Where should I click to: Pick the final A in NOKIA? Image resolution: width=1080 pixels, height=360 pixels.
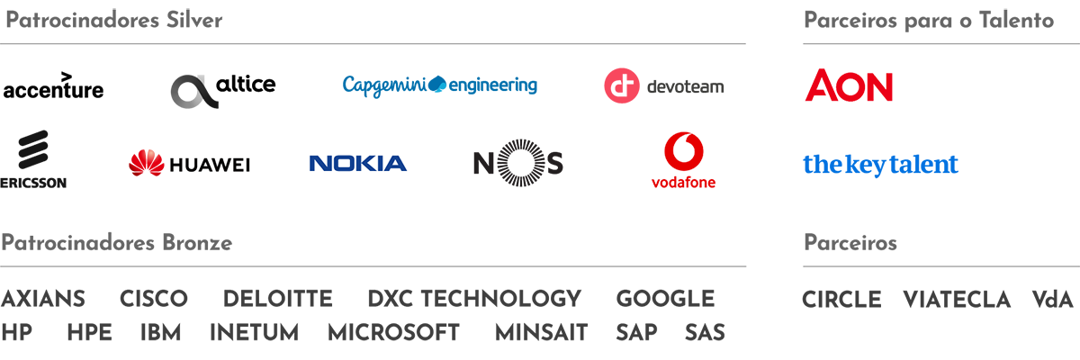point(394,163)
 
